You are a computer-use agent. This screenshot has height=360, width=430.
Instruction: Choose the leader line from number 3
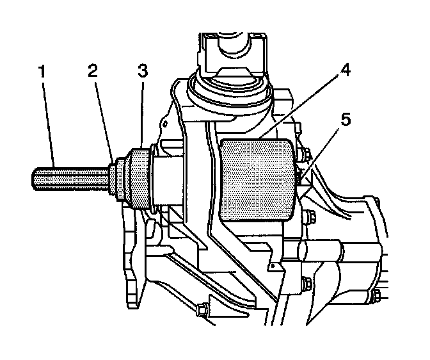coord(143,115)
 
